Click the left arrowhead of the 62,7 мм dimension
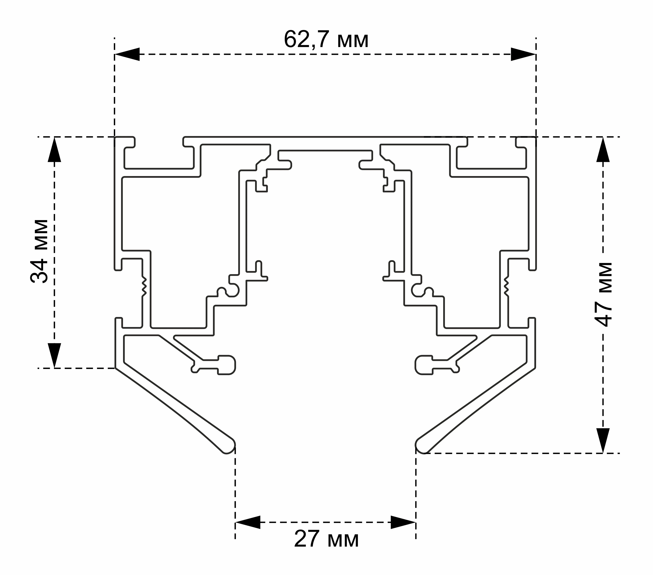(x=127, y=54)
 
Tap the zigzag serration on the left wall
(x=144, y=286)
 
